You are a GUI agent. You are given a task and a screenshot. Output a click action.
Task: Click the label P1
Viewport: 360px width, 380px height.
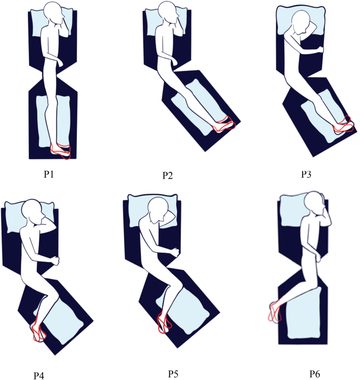(50, 173)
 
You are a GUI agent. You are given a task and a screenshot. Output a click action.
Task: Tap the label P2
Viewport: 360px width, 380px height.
(168, 175)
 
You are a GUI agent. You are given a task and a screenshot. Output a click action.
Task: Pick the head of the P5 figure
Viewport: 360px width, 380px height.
(158, 211)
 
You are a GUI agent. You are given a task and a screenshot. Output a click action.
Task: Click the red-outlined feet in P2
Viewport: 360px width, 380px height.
(223, 124)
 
